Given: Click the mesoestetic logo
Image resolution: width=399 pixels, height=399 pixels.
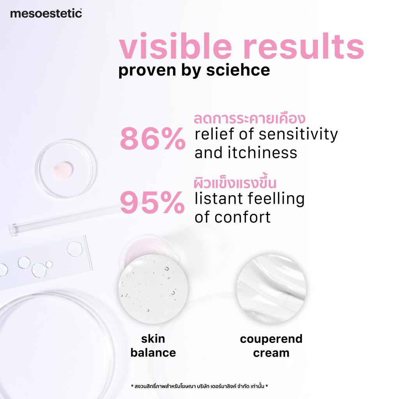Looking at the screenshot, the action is [x=46, y=13].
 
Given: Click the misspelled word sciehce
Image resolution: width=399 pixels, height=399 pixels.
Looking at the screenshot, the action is [x=238, y=70].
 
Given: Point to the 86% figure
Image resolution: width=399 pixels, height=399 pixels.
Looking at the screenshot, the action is [x=153, y=138].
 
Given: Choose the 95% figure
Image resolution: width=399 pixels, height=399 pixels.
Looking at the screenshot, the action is [x=152, y=202].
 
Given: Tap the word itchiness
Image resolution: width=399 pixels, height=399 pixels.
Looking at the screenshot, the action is [x=262, y=153].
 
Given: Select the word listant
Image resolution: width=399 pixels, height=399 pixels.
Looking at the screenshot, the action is [x=219, y=199].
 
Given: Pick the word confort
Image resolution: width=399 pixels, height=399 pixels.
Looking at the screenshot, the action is [x=242, y=217].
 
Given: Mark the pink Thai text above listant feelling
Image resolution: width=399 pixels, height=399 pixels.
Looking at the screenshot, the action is [x=235, y=183].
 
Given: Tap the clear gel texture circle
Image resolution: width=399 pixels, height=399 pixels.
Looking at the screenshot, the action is [x=153, y=289].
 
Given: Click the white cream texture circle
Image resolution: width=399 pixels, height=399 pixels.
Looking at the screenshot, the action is [x=271, y=289].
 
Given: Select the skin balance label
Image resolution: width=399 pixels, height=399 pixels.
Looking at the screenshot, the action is [x=153, y=346].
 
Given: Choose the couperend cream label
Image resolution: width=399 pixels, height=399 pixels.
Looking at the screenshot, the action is [x=271, y=346].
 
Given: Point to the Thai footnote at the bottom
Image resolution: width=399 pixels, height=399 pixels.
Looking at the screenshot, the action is [x=199, y=386].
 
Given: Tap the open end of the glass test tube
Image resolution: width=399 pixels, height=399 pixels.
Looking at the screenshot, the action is [x=12, y=230].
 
